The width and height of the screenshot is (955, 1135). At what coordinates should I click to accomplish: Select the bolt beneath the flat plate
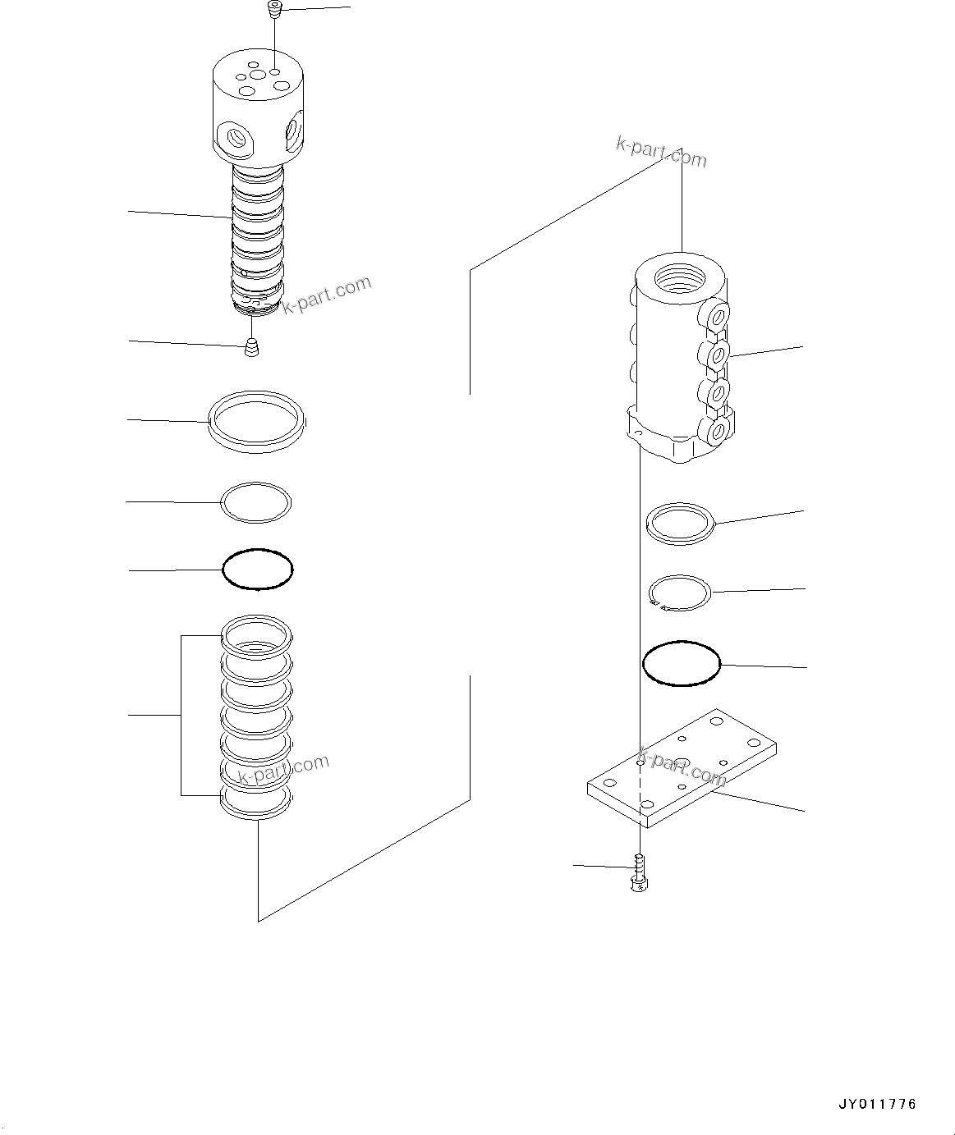tap(638, 872)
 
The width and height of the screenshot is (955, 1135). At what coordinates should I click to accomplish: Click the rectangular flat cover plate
tap(682, 767)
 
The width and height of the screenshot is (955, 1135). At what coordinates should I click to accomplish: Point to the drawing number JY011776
tap(877, 1104)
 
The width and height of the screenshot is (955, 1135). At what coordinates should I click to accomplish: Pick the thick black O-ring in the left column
tap(258, 569)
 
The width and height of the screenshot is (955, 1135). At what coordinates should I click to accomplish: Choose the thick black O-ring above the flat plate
tap(681, 663)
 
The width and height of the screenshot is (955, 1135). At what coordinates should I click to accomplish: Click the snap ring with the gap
tap(680, 593)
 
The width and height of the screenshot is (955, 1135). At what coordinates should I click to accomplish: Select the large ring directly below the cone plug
tap(257, 422)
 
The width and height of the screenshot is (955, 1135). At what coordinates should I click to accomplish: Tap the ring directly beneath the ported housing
tap(681, 523)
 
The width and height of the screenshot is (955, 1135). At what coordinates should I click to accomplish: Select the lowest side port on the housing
tap(718, 431)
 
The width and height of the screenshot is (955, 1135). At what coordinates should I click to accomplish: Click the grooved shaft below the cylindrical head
tap(257, 234)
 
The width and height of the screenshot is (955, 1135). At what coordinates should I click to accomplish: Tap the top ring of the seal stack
tap(257, 634)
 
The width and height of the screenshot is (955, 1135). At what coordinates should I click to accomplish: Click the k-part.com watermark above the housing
tap(661, 151)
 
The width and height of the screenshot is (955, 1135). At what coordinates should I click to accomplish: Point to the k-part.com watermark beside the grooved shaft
tap(327, 295)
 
